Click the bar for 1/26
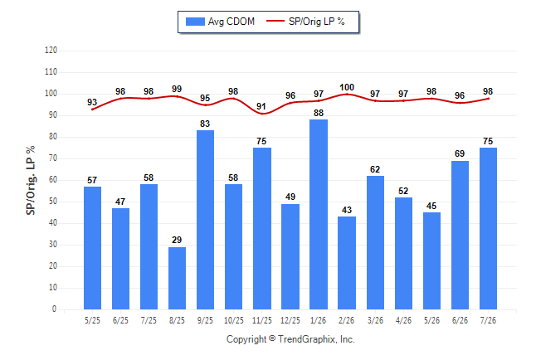pos(319,214)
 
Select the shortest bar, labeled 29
pos(177,278)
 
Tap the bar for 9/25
pos(206,220)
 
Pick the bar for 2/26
pos(347,263)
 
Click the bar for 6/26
pos(460,236)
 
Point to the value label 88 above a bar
pos(319,113)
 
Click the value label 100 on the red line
pos(347,88)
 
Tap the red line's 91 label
pos(261,106)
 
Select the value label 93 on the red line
pos(92,102)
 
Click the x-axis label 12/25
pos(290,320)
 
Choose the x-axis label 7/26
pos(488,320)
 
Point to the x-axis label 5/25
pos(92,320)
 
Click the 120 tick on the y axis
pos(51,51)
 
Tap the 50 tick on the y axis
pos(53,202)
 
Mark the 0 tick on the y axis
pos(55,309)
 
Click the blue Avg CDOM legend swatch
pos(195,22)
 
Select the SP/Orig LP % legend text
pos(317,22)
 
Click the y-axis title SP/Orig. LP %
pos(31,181)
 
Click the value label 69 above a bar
pos(460,153)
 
